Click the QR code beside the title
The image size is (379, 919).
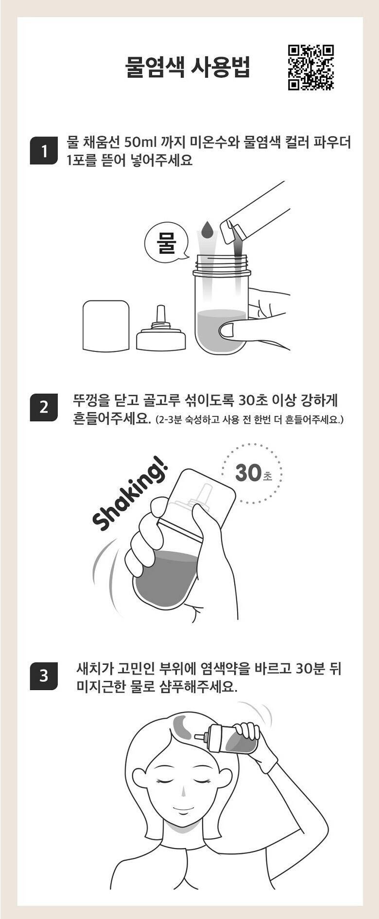pyautogui.click(x=311, y=68)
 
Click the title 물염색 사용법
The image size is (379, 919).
pyautogui.click(x=188, y=68)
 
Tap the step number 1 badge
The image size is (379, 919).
pyautogui.click(x=44, y=152)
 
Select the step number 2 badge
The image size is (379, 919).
pyautogui.click(x=44, y=407)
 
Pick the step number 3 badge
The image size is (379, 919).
pyautogui.click(x=44, y=676)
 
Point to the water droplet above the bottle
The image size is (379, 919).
pyautogui.click(x=207, y=229)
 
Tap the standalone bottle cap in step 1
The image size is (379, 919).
pyautogui.click(x=106, y=325)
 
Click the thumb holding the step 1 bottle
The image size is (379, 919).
pyautogui.click(x=233, y=331)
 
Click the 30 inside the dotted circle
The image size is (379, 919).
pyautogui.click(x=248, y=472)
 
